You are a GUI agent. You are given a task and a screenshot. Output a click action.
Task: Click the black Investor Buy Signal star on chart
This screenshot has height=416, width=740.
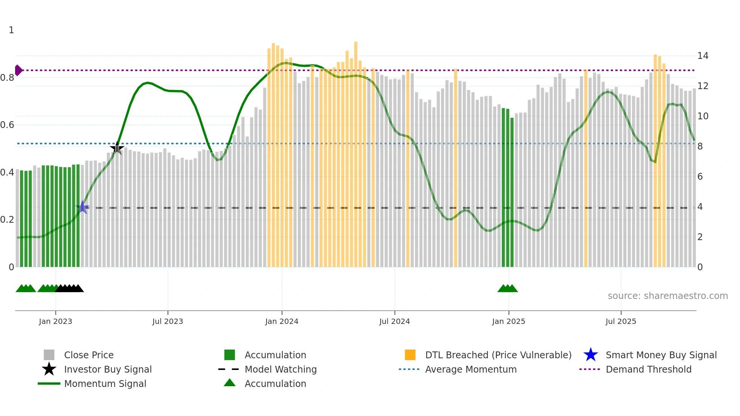117,148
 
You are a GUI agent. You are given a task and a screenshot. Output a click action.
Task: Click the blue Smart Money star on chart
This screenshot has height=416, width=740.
82,207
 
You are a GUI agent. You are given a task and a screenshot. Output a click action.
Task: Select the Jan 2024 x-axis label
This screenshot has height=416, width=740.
282,321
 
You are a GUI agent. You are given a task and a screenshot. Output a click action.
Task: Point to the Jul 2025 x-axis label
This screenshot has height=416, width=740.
621,321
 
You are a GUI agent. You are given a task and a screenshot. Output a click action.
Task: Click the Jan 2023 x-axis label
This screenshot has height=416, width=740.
55,321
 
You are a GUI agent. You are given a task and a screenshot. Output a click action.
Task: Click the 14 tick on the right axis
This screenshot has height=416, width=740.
703,56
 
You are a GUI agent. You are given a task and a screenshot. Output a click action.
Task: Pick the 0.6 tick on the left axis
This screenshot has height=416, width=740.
7,125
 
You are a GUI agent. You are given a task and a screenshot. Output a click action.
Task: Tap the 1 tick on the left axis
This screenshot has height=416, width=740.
11,30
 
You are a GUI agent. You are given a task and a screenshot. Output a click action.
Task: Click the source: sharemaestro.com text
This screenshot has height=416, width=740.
668,296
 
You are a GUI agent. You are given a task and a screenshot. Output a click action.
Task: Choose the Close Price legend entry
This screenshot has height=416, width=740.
89,355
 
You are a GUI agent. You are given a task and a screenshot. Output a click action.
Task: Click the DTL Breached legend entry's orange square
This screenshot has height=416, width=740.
410,355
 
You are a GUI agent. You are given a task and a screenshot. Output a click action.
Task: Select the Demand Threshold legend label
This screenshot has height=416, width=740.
648,369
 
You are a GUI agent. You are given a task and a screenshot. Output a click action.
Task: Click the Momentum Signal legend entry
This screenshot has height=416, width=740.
105,384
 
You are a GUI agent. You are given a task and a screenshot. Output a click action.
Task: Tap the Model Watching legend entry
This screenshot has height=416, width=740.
281,369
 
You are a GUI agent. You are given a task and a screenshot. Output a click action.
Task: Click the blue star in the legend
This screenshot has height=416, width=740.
590,355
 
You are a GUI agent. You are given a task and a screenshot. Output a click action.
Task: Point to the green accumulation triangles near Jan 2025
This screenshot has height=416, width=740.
507,288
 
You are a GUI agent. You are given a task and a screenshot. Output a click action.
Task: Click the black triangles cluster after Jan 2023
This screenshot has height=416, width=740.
69,288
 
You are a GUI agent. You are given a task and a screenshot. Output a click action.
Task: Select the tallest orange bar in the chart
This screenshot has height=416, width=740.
356,151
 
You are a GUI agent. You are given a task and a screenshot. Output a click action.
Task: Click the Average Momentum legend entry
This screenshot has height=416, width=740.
470,369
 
